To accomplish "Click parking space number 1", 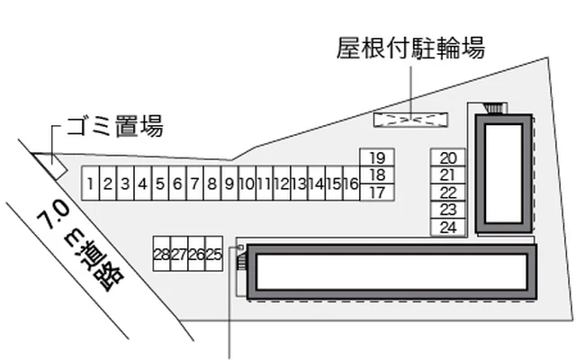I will pyautogui.click(x=91, y=184).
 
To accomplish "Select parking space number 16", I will pyautogui.click(x=351, y=184).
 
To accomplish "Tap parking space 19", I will pyautogui.click(x=377, y=157).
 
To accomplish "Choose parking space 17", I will pyautogui.click(x=377, y=192).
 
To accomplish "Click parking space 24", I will pyautogui.click(x=448, y=227).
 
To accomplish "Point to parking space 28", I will pyautogui.click(x=162, y=255).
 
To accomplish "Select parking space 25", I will pyautogui.click(x=213, y=255).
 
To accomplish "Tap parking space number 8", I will pyautogui.click(x=211, y=184).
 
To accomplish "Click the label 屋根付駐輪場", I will pyautogui.click(x=410, y=49).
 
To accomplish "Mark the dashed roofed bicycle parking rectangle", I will pyautogui.click(x=409, y=118).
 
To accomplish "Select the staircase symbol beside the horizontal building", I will pyautogui.click(x=241, y=261).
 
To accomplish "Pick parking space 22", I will pyautogui.click(x=448, y=192).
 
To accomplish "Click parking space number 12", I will pyautogui.click(x=281, y=184).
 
